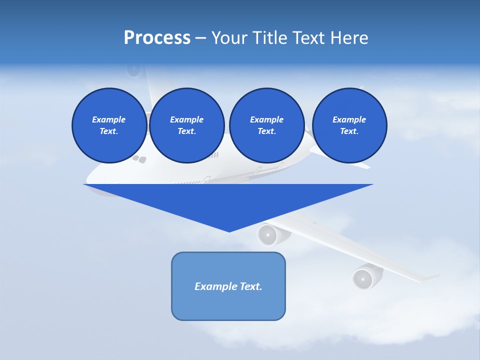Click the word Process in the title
click(157, 37)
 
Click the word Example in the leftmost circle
click(109, 119)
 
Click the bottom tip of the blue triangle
click(229, 231)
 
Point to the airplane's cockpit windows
click(139, 159)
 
